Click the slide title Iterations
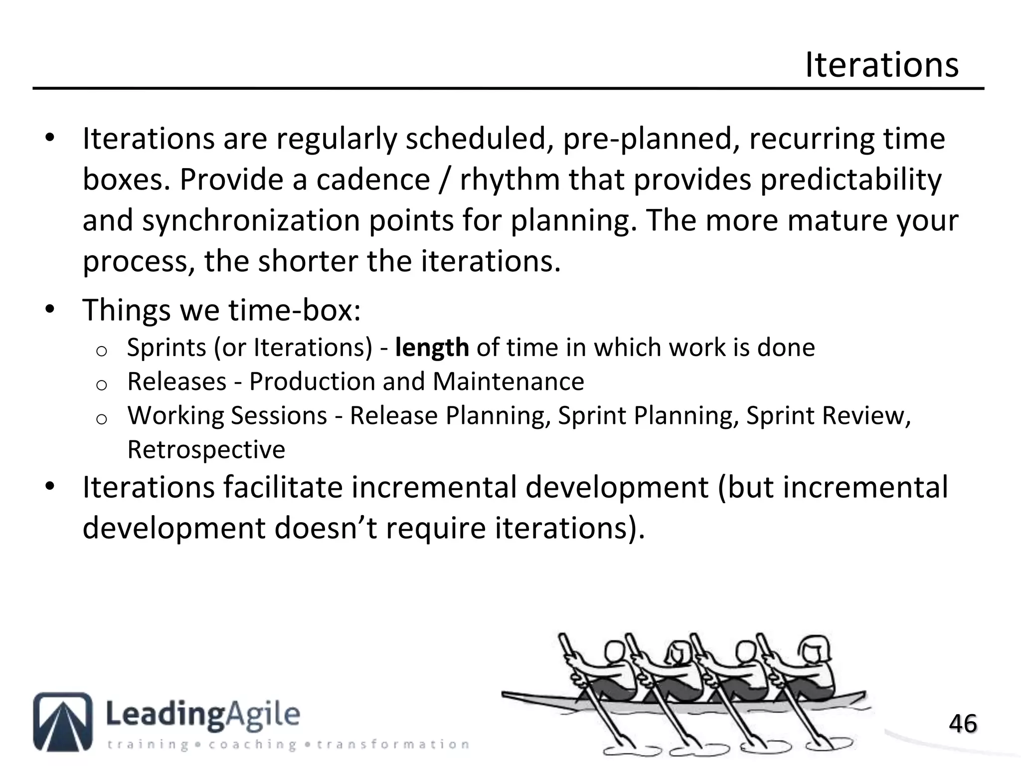click(881, 65)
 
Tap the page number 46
click(963, 724)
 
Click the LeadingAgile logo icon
click(63, 721)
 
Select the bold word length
click(432, 348)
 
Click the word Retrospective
click(206, 449)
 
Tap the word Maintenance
click(508, 382)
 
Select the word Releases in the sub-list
click(177, 382)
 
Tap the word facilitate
click(283, 487)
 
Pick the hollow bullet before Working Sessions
click(101, 419)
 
